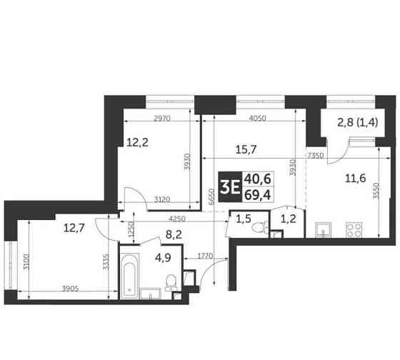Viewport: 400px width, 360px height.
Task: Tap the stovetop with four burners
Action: pyautogui.click(x=352, y=229)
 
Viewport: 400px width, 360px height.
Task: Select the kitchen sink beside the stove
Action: pyautogui.click(x=323, y=229)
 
